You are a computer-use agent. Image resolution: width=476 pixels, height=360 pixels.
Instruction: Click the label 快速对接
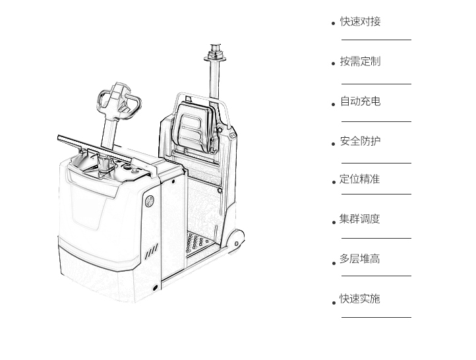(x=360, y=22)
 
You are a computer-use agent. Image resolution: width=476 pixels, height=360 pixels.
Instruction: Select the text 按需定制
(x=360, y=61)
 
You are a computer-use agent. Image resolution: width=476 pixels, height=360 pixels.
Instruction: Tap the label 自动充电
(x=360, y=101)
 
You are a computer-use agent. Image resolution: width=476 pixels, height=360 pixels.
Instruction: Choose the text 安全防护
(x=360, y=141)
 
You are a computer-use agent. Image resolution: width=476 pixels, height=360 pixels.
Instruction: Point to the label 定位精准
(x=359, y=179)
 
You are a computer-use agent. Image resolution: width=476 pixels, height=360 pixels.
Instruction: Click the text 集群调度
(x=359, y=219)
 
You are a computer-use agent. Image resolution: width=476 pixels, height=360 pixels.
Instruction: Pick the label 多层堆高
(x=359, y=259)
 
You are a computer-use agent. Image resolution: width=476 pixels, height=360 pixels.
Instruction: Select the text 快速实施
(x=359, y=299)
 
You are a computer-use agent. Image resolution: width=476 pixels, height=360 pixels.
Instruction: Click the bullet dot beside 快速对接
(x=334, y=23)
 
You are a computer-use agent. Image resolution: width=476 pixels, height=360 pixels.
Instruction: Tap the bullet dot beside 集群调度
(x=334, y=222)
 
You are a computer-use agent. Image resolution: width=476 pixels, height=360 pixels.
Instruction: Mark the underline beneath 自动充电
(x=376, y=121)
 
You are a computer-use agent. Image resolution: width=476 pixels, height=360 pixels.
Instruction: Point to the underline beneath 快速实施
(x=376, y=318)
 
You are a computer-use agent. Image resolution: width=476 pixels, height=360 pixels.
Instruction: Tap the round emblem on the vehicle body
(x=150, y=200)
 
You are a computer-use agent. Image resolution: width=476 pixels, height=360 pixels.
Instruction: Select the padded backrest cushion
(x=195, y=127)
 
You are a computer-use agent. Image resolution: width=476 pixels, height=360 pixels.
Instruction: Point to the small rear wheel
(x=236, y=241)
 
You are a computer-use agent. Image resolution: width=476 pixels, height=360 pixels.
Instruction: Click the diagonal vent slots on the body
(x=152, y=251)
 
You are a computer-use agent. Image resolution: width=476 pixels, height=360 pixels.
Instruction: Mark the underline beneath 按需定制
(x=376, y=84)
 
